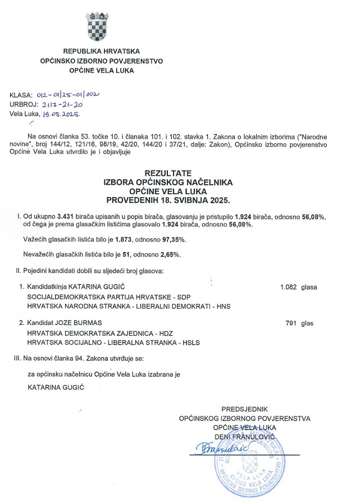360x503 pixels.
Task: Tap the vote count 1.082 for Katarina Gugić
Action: click(x=290, y=287)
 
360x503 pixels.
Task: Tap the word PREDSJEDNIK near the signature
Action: click(x=244, y=409)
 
